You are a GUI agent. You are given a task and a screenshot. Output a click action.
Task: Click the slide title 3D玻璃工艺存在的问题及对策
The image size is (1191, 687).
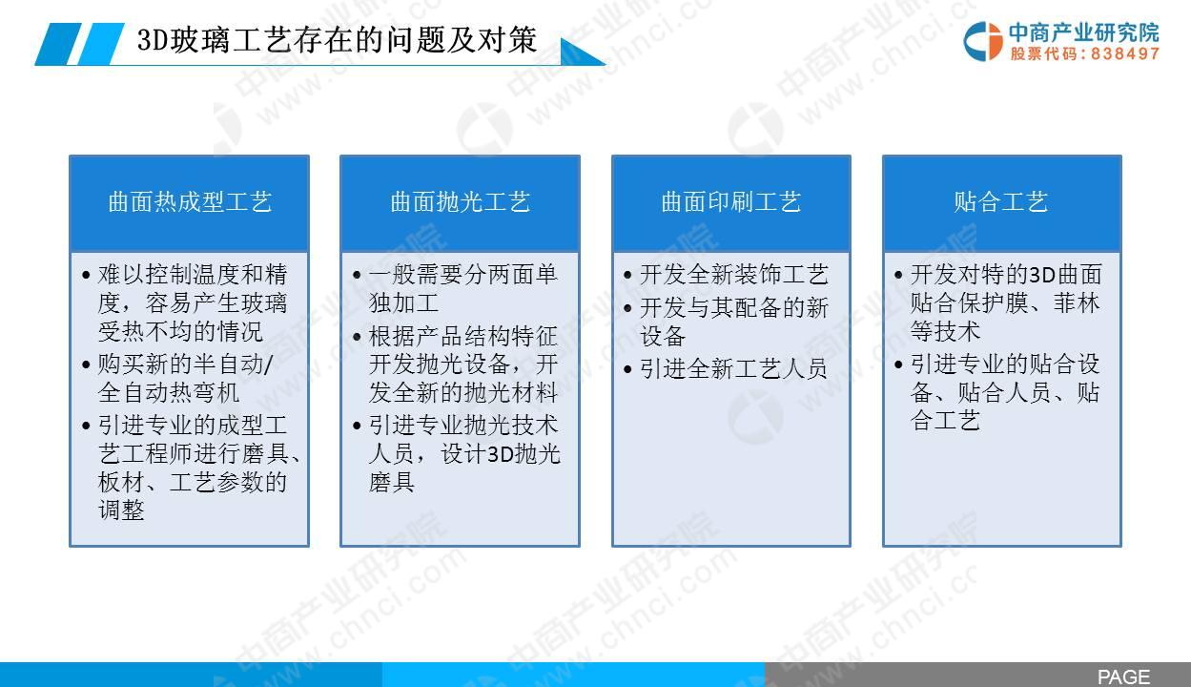pos(337,40)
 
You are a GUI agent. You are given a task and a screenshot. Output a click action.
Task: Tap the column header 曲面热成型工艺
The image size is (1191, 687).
pos(190,202)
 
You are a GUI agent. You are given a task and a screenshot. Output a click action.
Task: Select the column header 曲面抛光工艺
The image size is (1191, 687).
pos(461,202)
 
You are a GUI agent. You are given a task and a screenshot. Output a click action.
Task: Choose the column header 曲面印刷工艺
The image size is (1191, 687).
pos(731,202)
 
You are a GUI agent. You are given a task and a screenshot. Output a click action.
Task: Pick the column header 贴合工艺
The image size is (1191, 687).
pos(1001,202)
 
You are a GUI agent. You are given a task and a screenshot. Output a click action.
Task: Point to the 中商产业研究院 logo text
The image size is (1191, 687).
pos(1083,32)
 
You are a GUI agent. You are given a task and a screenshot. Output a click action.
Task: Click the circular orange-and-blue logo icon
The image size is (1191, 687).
pos(983,41)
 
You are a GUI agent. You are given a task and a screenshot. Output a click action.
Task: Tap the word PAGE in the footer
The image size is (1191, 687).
pos(1123,677)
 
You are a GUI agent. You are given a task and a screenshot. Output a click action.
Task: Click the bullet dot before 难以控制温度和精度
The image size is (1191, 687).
pos(86,276)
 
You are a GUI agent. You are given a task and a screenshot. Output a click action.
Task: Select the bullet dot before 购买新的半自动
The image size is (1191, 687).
pos(86,365)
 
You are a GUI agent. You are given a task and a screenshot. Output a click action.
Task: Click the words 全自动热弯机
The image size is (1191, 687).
pos(169,393)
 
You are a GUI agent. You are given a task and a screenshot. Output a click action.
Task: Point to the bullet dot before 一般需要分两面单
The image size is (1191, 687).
pos(357,276)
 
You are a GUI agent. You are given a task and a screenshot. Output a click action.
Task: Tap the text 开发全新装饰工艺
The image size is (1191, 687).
pos(733,275)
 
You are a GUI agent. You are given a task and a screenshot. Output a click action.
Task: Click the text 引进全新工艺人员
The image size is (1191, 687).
pos(733,368)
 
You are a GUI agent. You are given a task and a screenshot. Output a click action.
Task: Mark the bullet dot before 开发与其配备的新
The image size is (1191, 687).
pos(628,308)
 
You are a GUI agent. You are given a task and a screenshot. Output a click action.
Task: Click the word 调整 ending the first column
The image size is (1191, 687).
pos(121,510)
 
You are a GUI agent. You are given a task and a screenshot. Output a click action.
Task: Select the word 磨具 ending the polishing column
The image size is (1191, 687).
pos(392,482)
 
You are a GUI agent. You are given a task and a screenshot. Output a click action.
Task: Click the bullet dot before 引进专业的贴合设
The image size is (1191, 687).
pos(898,365)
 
